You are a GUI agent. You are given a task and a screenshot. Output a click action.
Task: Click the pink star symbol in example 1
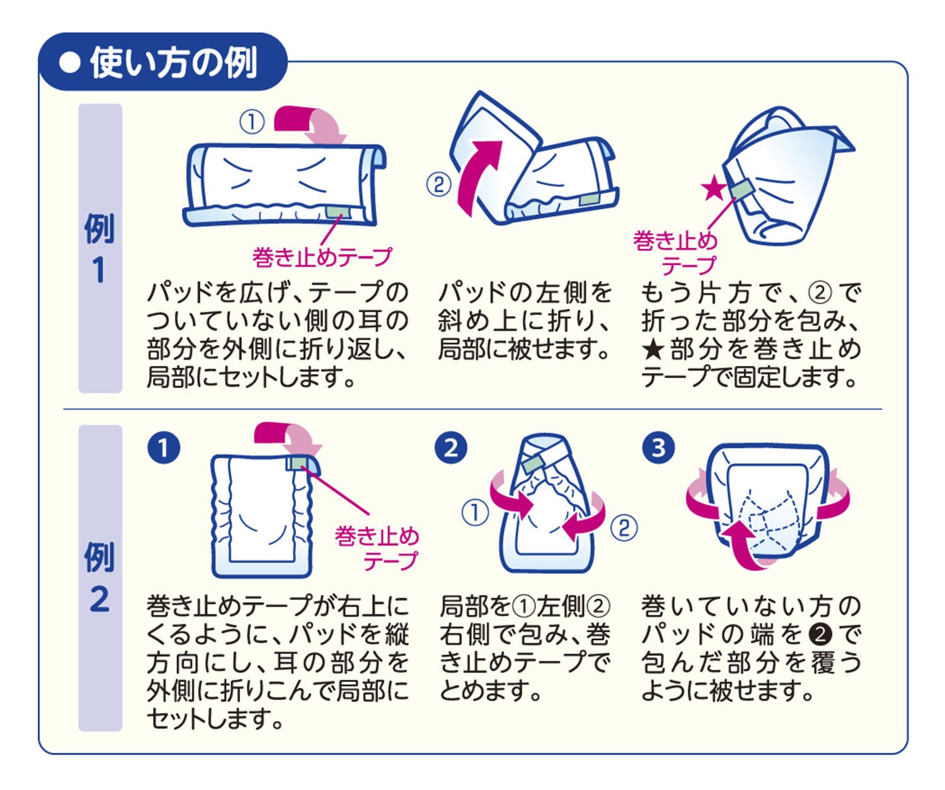(714, 188)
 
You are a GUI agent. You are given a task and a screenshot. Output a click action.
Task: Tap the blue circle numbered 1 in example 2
(163, 448)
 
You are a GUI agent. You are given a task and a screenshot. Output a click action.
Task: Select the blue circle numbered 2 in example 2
(451, 448)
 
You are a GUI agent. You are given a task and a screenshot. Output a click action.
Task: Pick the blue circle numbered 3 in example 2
(658, 448)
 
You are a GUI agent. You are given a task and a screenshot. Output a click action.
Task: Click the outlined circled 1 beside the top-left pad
(252, 122)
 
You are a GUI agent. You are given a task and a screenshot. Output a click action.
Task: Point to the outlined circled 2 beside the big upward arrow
(438, 185)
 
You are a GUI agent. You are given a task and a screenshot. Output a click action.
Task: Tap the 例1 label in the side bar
(100, 249)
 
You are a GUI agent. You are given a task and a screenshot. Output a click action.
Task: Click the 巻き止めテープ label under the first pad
(322, 256)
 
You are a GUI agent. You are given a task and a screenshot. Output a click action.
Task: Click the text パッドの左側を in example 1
(525, 292)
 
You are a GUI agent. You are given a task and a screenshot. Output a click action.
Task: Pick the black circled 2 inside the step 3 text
(820, 634)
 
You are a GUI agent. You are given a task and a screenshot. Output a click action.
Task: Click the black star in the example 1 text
(651, 349)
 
